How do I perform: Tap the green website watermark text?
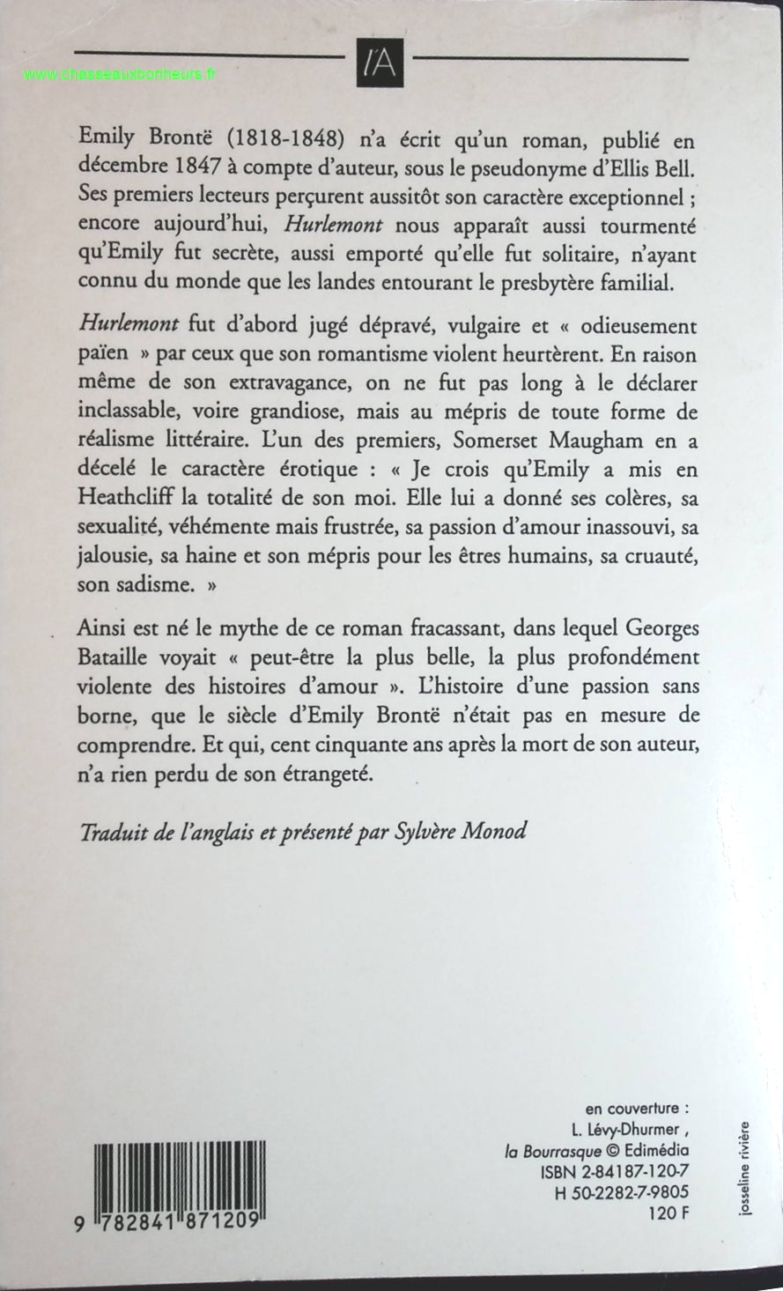[x=119, y=75]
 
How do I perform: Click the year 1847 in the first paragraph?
[x=185, y=162]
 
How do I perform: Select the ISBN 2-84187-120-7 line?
[x=615, y=1171]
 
